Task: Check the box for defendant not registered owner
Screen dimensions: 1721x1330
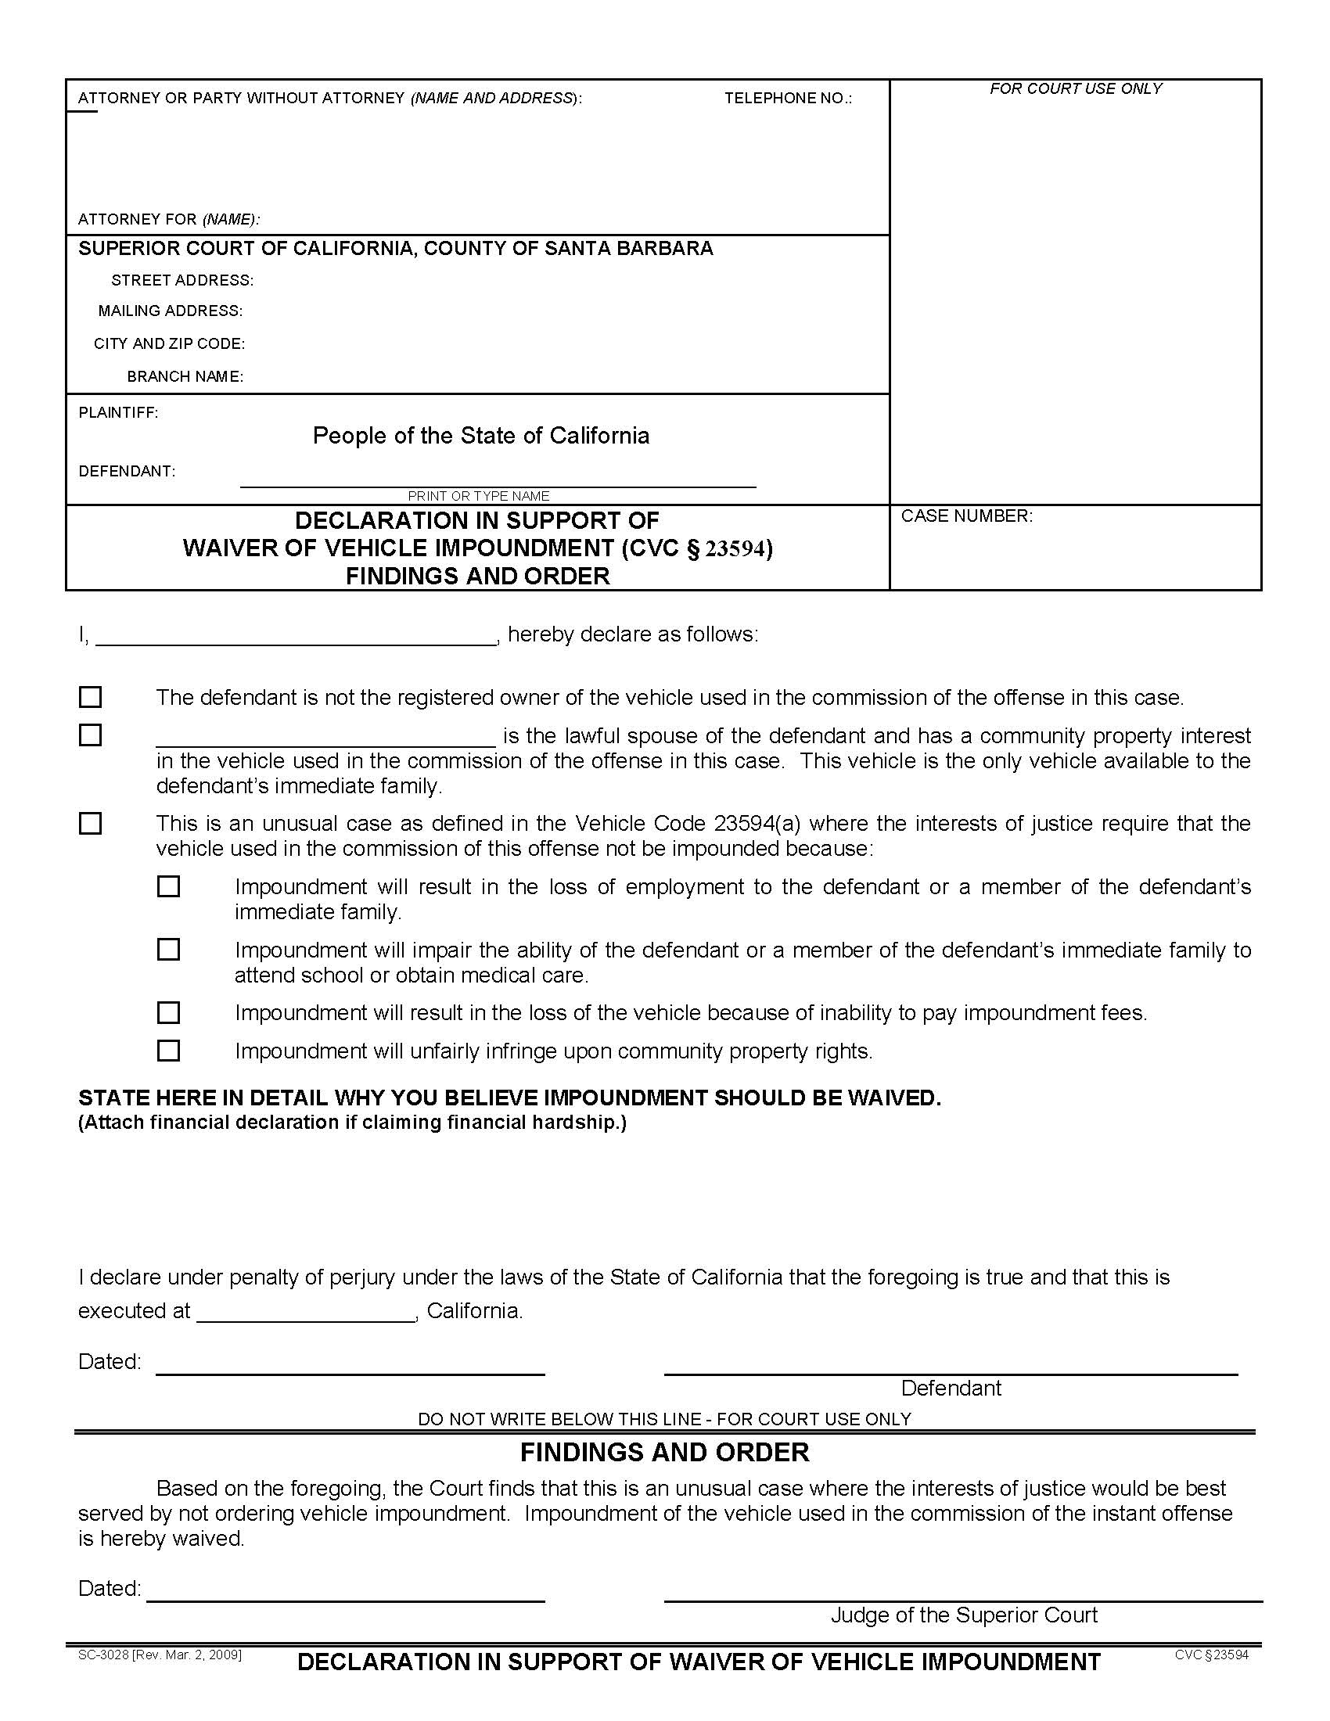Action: [91, 696]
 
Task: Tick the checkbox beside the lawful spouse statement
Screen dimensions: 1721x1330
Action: [91, 735]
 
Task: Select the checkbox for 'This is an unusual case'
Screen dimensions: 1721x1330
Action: [91, 824]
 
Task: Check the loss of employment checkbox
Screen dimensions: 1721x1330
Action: [169, 886]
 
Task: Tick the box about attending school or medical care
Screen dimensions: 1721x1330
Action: [169, 949]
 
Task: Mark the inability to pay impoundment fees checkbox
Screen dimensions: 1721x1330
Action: [169, 1011]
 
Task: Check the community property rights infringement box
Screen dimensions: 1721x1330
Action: [169, 1051]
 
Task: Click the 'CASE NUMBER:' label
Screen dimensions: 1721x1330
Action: [966, 516]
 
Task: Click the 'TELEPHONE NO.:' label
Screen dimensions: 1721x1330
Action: [788, 99]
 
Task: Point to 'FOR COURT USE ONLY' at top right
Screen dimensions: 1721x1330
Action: [1076, 89]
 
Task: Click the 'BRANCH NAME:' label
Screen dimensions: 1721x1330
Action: [185, 377]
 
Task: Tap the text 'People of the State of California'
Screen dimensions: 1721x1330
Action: [480, 436]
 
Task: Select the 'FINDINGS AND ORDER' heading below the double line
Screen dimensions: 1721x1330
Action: [664, 1453]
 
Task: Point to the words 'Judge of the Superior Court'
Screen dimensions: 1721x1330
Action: [964, 1615]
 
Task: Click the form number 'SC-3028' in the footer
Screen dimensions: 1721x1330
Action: [104, 1655]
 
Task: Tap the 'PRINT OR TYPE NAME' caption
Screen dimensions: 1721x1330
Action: [478, 496]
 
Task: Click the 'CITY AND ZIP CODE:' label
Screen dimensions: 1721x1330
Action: [170, 344]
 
